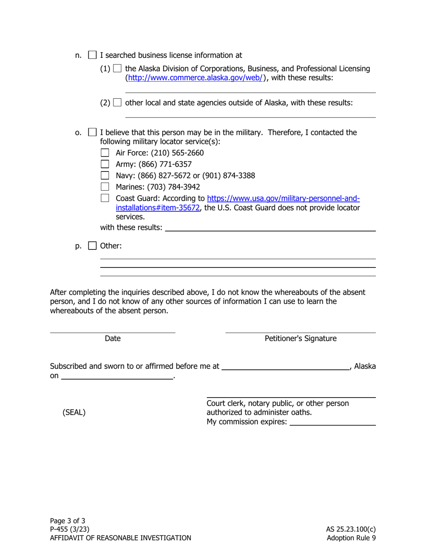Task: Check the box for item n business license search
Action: click(x=92, y=55)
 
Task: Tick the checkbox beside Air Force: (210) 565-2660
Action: click(x=105, y=153)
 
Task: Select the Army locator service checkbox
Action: click(x=105, y=164)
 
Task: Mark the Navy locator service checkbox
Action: click(x=105, y=175)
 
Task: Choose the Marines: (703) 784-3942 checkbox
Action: click(x=105, y=187)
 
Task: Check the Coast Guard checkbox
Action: click(x=105, y=198)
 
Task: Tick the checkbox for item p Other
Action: click(x=92, y=246)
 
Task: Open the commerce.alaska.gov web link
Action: click(x=196, y=78)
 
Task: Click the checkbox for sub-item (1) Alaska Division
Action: click(x=117, y=69)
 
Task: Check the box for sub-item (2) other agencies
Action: click(x=117, y=103)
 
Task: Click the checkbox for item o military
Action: click(x=92, y=132)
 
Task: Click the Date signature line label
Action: click(x=113, y=339)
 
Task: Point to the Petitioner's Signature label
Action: click(x=300, y=339)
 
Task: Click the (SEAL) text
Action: click(x=74, y=412)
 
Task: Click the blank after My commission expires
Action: click(x=332, y=422)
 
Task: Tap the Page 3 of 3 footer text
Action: click(x=67, y=521)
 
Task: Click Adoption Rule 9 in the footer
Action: click(x=351, y=538)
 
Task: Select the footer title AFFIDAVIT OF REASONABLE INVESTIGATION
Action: click(x=120, y=538)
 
